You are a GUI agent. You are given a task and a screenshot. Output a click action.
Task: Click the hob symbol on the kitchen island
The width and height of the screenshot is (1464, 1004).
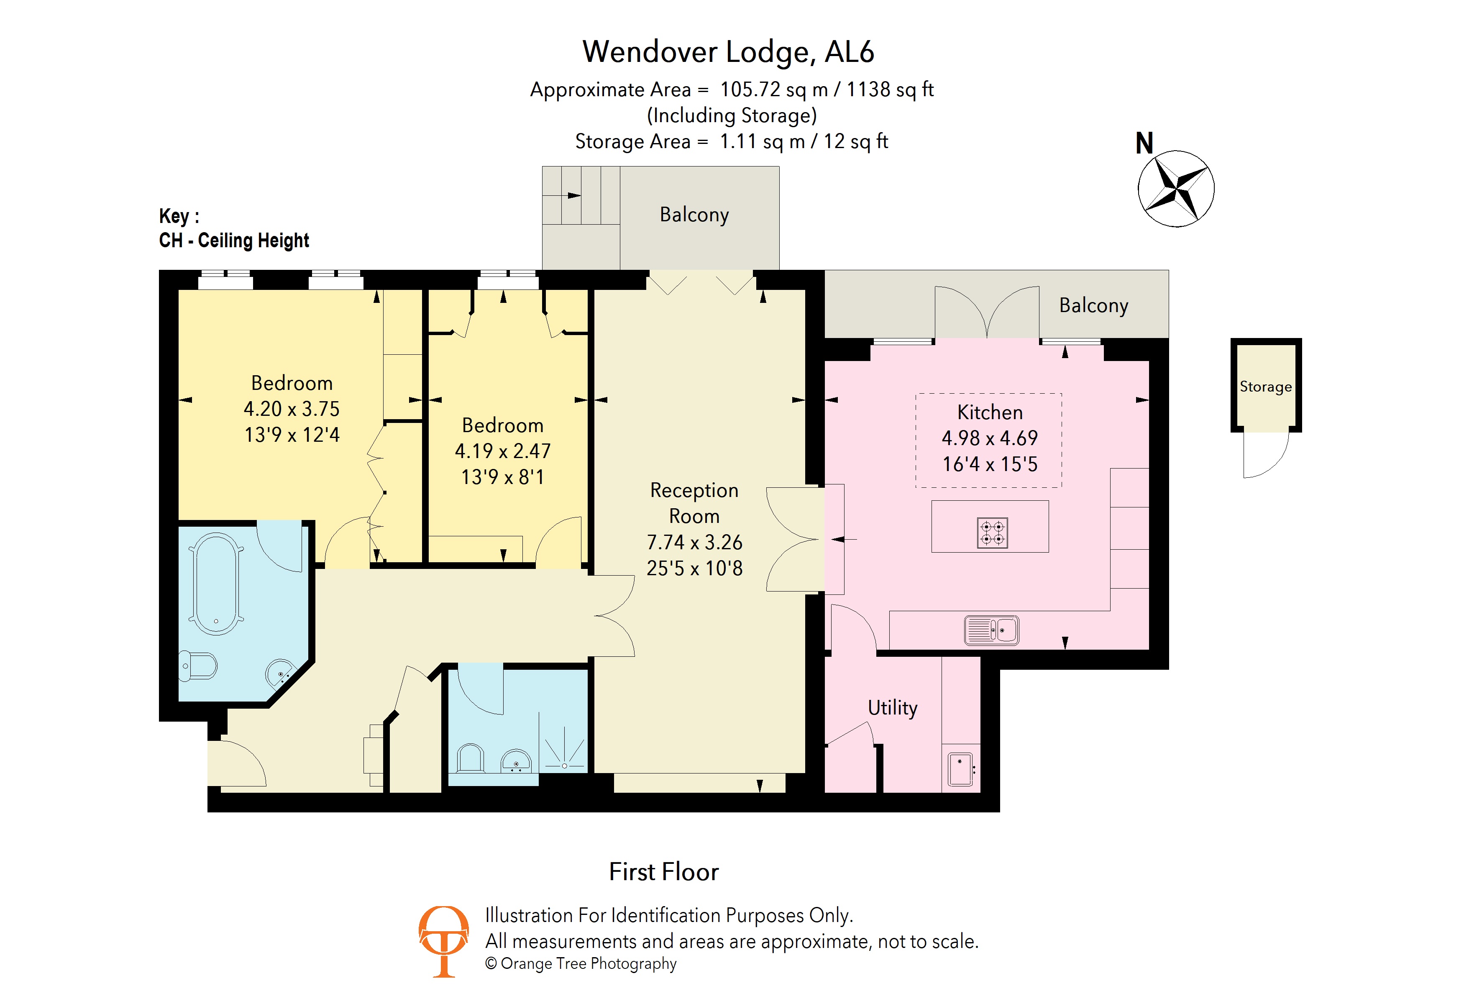[x=992, y=533]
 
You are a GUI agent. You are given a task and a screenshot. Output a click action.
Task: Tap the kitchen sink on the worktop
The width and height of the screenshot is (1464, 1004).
[x=991, y=630]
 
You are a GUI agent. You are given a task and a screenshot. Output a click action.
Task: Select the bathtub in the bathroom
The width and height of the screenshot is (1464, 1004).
[x=216, y=583]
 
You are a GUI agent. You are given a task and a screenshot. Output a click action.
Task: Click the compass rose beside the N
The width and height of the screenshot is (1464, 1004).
[x=1175, y=188]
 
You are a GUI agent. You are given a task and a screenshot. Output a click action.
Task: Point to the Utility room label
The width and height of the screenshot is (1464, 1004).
[x=892, y=707]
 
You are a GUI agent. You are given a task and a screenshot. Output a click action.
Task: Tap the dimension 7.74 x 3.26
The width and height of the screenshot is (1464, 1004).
[x=694, y=542]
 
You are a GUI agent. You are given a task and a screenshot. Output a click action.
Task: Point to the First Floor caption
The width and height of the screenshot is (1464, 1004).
[x=663, y=872]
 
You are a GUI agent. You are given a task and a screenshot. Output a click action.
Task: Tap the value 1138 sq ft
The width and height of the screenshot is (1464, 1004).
[x=890, y=90]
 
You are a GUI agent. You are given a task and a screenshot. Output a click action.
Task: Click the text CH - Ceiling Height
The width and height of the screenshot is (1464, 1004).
[x=234, y=241]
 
